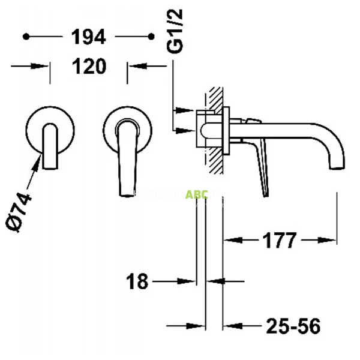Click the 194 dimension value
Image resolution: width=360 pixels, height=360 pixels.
coord(89,37)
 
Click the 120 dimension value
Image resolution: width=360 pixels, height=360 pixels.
coord(89,65)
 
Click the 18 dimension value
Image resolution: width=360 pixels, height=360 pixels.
coord(138,280)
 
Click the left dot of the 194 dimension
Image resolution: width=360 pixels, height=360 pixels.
coord(25,37)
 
